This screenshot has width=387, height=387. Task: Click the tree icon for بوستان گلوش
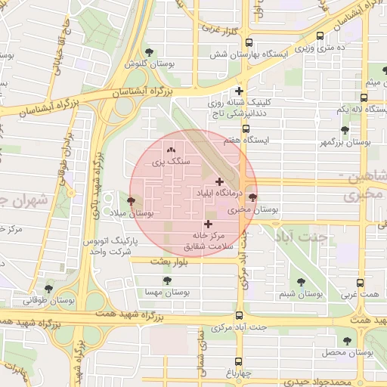[149, 52]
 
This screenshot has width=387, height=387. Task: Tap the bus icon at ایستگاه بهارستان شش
[250, 43]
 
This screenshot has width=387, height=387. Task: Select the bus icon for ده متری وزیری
[320, 36]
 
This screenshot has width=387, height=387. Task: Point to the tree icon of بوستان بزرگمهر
[345, 130]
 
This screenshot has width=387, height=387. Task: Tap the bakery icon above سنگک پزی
[170, 150]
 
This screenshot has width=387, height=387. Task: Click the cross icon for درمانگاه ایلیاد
[219, 181]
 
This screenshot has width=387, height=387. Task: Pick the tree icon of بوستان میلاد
[132, 202]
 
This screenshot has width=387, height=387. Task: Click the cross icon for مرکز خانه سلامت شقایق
[209, 224]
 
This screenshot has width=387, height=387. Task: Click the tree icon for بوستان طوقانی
[49, 288]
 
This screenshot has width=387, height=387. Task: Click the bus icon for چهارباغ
[239, 361]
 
